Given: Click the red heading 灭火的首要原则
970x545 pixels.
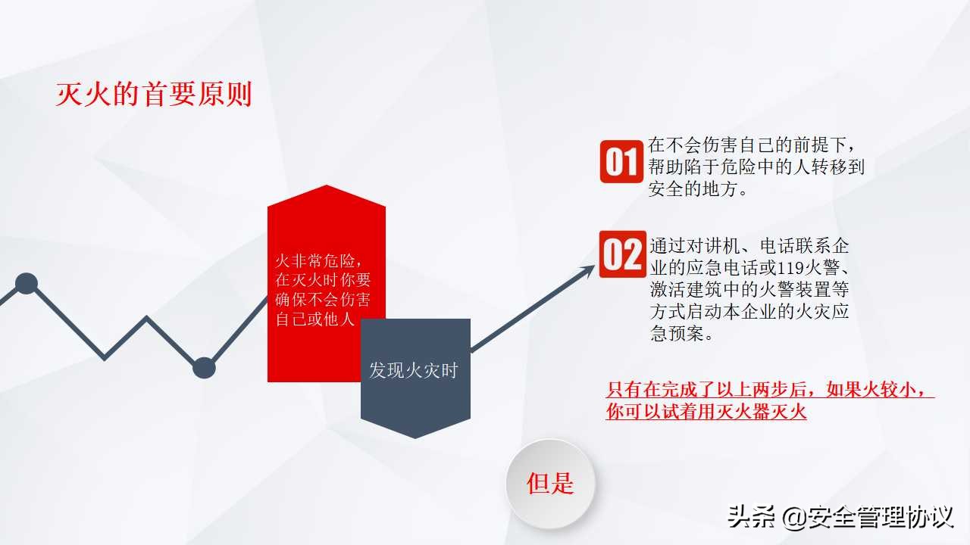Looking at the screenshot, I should click(x=154, y=95).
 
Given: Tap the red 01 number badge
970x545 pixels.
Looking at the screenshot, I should click(x=621, y=161).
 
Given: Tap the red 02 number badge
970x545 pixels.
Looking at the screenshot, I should click(x=621, y=254).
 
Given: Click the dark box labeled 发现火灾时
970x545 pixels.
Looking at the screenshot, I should click(x=415, y=371).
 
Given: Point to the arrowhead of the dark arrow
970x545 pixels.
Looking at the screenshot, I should click(x=588, y=270).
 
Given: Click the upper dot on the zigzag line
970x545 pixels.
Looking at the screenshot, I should click(x=27, y=284).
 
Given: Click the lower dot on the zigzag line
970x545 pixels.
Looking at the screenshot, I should click(x=204, y=368).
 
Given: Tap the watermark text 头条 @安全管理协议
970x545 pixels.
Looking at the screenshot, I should click(x=839, y=518).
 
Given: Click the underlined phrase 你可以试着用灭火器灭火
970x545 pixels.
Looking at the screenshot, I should click(x=706, y=413).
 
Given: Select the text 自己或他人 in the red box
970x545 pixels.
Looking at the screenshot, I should click(x=315, y=319).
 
